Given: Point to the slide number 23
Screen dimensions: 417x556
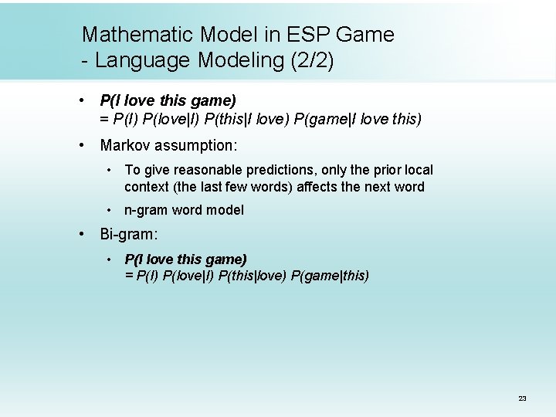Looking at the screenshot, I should click(522, 398).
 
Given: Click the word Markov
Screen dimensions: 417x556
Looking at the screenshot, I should click(124, 145).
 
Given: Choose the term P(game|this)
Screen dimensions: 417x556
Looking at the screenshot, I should click(331, 276).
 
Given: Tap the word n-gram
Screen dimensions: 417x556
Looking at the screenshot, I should click(145, 210).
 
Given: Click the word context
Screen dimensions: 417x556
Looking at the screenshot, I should click(146, 187).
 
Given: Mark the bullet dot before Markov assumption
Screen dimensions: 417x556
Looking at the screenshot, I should click(81, 145).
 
